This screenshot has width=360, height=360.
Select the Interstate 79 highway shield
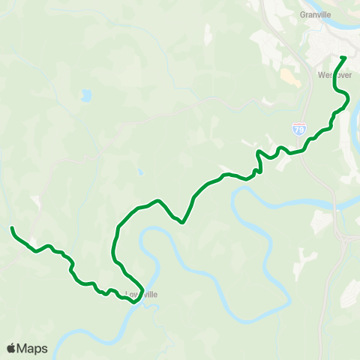299,130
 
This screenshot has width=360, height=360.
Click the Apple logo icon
11,348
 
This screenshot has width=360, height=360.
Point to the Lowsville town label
142,295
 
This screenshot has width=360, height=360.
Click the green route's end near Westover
343,58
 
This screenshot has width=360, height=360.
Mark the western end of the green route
12,228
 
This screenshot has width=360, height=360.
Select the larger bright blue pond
86,95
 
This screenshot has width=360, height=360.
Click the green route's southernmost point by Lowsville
133,303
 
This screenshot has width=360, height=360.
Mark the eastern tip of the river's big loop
289,298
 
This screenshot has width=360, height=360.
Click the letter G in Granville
301,13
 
